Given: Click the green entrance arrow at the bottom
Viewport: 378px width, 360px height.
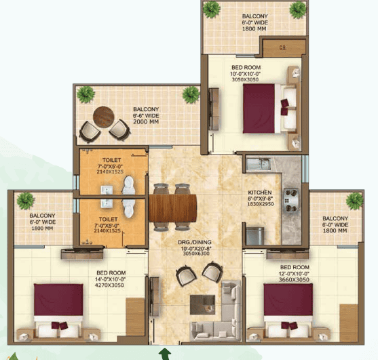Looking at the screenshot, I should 163,353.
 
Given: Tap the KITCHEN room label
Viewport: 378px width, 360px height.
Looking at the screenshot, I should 261,192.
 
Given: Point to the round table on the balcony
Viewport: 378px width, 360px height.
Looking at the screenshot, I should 104,117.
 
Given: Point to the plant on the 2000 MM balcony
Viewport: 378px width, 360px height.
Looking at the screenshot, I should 85,94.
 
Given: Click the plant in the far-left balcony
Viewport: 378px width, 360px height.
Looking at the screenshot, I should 26,200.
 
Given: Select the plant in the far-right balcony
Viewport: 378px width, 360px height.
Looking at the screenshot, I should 354,201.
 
